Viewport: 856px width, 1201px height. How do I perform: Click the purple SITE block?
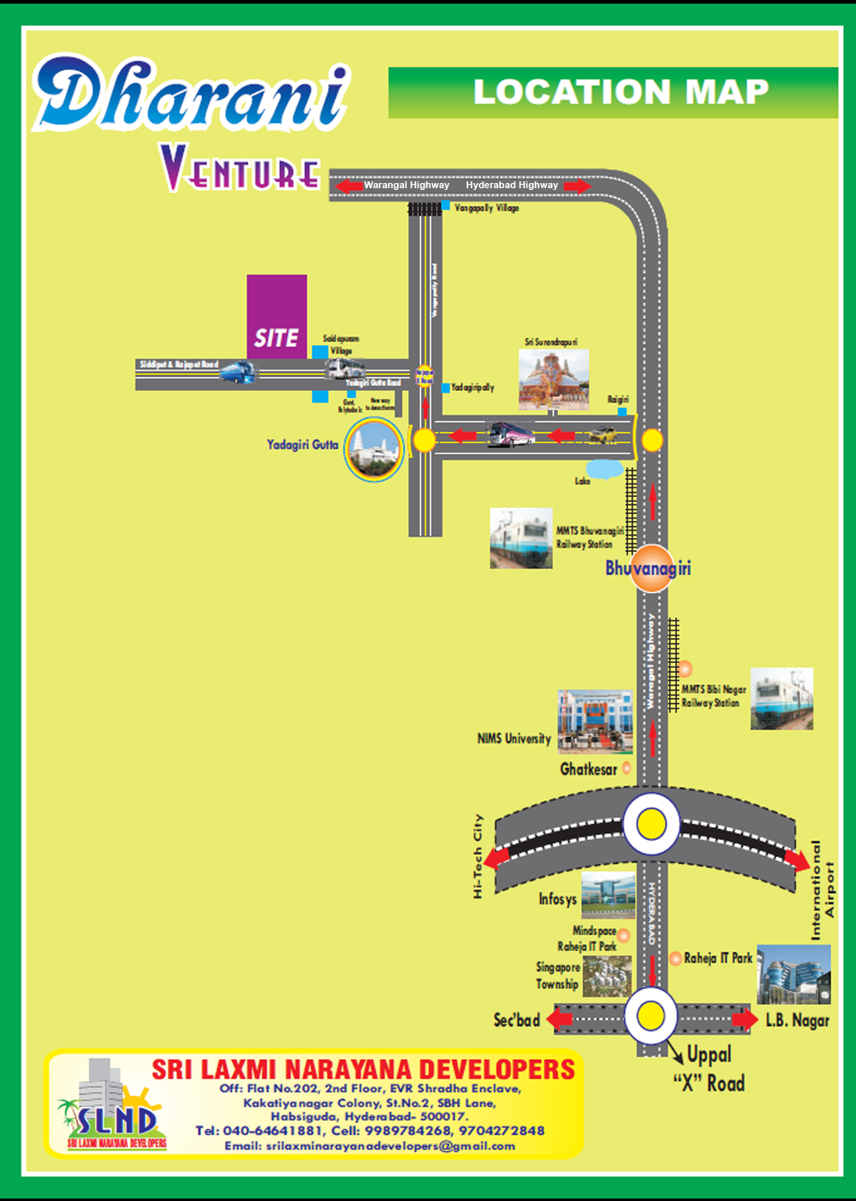[x=276, y=317]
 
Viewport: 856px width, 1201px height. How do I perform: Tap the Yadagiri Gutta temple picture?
[x=374, y=448]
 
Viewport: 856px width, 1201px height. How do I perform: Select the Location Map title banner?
[x=613, y=92]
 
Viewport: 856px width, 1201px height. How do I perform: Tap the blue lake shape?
[x=604, y=469]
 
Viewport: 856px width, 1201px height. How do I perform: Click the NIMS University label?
[x=514, y=738]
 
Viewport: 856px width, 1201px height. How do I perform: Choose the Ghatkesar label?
[x=588, y=769]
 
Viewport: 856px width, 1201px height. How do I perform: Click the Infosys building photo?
[x=608, y=895]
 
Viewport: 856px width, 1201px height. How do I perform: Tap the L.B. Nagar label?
[x=797, y=1020]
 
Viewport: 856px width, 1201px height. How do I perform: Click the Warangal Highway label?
[x=406, y=185]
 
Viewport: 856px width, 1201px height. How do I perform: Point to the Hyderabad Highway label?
[x=511, y=185]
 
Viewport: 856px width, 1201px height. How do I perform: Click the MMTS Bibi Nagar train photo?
[x=782, y=699]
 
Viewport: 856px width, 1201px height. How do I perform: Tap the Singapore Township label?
[x=557, y=975]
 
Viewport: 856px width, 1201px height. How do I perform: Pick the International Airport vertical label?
[x=822, y=890]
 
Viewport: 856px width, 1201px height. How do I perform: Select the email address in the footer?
[x=370, y=1145]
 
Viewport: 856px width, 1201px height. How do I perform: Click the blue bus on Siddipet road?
[x=238, y=371]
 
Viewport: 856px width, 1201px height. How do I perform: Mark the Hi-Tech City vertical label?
[x=478, y=855]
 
